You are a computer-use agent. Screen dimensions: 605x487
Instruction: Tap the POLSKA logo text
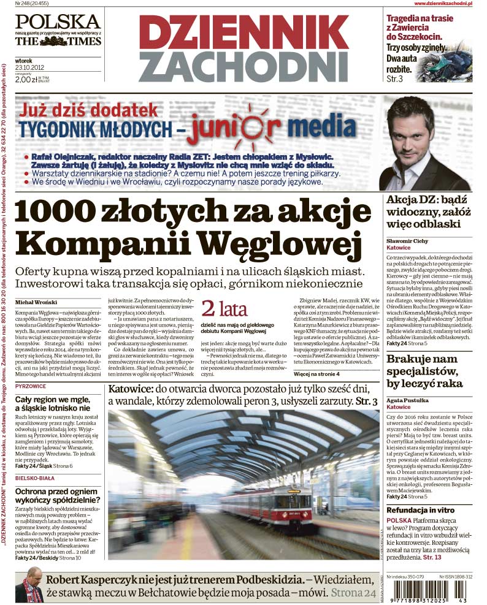click(58, 22)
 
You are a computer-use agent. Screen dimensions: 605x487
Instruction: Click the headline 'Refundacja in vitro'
click(420, 509)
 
